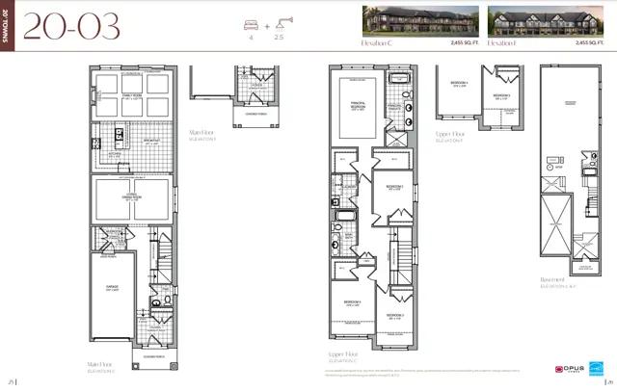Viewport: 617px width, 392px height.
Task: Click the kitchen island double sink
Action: point(119,134)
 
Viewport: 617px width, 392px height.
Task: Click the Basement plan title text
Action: point(553,280)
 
